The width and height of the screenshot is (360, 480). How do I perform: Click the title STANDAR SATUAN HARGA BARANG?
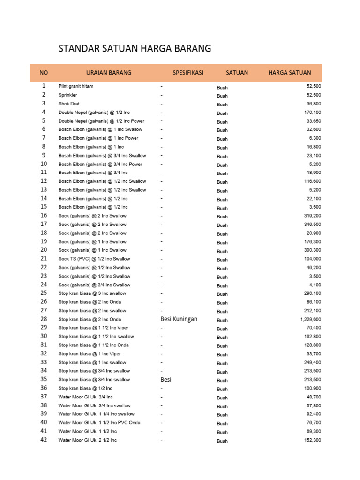[x=135, y=48]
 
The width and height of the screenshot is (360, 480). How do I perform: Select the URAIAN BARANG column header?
[x=109, y=73]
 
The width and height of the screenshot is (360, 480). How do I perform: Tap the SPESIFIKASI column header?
[x=187, y=73]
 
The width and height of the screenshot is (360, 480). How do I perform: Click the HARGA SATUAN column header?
[x=289, y=73]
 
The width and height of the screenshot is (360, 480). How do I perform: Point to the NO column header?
[x=44, y=73]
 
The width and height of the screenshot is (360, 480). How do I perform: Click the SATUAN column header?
[x=237, y=73]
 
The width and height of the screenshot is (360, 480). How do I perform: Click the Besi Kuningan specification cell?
[x=179, y=319]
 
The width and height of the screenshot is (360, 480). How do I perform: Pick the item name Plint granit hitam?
[x=79, y=86]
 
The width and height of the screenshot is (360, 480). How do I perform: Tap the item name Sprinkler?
[x=68, y=95]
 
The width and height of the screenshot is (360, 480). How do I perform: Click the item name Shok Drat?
[x=69, y=104]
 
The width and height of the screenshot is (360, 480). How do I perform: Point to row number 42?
[x=44, y=440]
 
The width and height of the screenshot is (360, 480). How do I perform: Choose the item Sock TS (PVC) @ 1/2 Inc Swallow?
[x=94, y=259]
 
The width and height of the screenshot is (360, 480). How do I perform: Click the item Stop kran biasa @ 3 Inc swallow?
[x=92, y=293]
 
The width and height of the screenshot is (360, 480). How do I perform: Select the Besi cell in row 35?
[x=166, y=379]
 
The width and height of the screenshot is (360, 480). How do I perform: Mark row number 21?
[x=44, y=258]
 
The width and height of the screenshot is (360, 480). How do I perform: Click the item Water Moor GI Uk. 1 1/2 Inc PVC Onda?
[x=99, y=423]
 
